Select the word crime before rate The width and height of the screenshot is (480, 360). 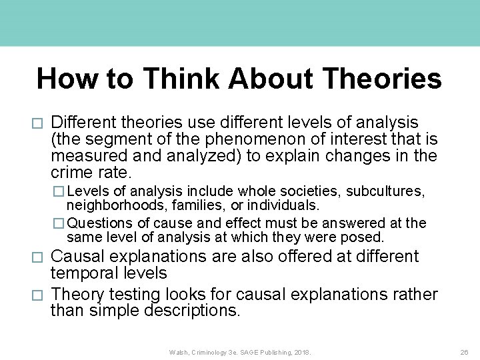(x=71, y=172)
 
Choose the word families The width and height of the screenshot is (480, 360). (x=183, y=204)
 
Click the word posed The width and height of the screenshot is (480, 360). (x=367, y=237)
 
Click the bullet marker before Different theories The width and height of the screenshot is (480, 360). (x=38, y=123)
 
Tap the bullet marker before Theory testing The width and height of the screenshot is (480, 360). (x=38, y=295)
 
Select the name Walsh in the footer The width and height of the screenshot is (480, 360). (x=179, y=351)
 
